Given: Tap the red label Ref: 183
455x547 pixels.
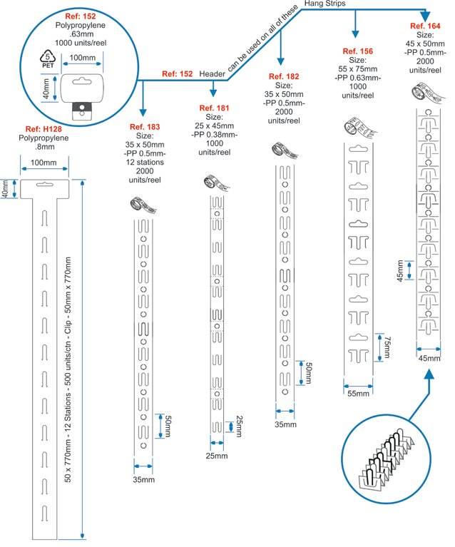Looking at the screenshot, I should point(144,126).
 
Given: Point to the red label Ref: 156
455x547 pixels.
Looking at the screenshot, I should point(357,51).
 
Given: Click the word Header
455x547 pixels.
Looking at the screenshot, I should point(212,73).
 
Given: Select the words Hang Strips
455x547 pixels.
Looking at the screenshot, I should point(325,4).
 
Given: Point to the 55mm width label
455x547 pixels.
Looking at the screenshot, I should point(359,393).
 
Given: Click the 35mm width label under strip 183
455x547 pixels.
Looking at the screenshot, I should point(143,479).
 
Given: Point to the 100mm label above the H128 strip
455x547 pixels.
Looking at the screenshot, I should point(44,163).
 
